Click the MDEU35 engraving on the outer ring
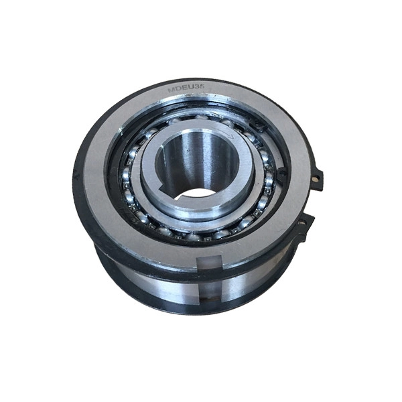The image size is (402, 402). pyautogui.click(x=186, y=88)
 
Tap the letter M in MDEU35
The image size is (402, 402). pyautogui.click(x=171, y=90)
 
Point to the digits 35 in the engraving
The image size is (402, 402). pyautogui.click(x=200, y=87)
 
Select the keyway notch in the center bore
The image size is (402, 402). pyautogui.click(x=180, y=197)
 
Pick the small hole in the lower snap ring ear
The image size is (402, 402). pyautogui.click(x=304, y=223)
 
